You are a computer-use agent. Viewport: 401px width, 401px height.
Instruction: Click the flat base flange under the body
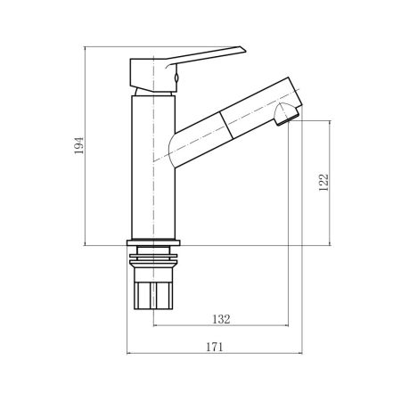(x=152, y=243)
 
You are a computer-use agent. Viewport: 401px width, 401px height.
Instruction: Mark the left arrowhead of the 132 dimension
(x=155, y=327)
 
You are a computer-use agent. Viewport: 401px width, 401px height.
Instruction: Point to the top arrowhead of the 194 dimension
(x=86, y=48)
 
